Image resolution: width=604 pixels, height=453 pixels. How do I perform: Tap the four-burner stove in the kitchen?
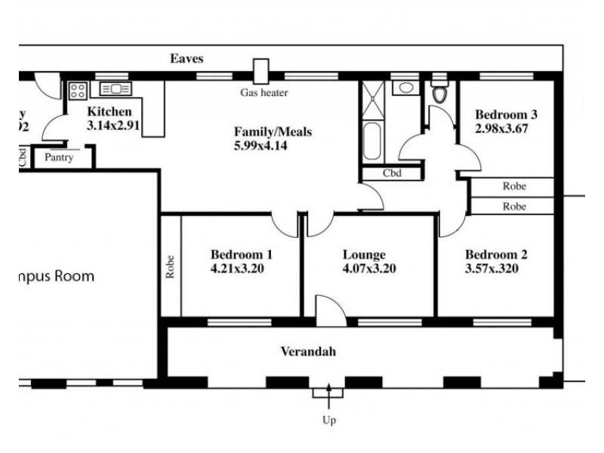point(78,91)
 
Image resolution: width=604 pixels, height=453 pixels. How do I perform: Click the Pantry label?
point(58,158)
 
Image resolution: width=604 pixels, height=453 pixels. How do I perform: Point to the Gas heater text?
point(263,93)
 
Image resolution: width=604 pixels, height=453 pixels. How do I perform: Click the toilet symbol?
point(440,94)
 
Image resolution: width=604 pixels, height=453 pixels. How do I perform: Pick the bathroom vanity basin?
point(406,88)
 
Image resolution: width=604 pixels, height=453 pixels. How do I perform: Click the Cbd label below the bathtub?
point(391,173)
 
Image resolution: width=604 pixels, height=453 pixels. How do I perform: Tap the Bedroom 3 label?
point(506,115)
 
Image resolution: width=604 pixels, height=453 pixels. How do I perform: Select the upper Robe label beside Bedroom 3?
point(513,186)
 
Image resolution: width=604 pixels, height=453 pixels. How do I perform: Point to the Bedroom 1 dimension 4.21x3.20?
point(237,268)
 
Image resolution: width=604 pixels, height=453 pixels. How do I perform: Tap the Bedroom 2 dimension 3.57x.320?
point(491,268)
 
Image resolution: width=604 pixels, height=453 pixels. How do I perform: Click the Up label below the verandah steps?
point(329,421)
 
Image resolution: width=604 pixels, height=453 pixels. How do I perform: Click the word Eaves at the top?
point(186,58)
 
